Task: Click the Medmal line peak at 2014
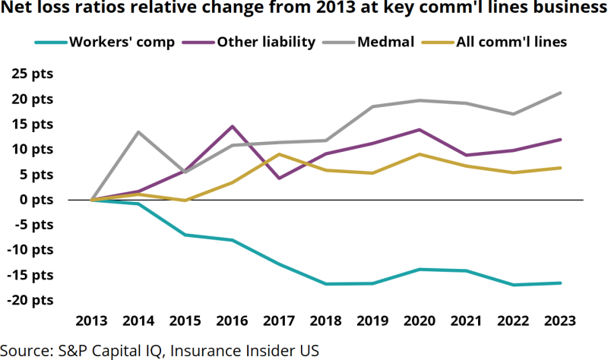[138, 132]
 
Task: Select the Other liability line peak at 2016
[233, 126]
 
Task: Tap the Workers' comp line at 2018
[326, 284]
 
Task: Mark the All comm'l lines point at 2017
[279, 154]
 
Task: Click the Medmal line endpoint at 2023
[561, 93]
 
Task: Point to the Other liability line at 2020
[420, 130]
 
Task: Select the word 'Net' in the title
[20, 10]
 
